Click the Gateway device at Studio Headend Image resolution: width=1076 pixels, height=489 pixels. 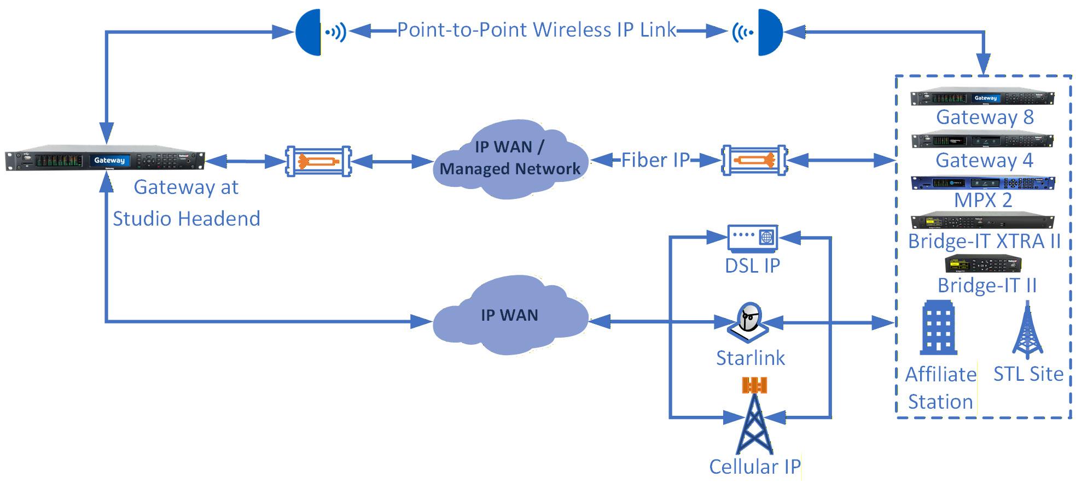tap(105, 160)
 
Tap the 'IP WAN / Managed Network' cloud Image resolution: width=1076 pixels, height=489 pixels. tap(510, 158)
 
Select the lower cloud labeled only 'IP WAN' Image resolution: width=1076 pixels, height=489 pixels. tap(510, 316)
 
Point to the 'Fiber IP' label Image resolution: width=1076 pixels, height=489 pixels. tap(655, 160)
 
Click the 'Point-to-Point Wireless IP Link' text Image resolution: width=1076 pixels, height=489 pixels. tap(536, 30)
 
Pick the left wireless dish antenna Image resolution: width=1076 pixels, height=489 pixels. tap(309, 32)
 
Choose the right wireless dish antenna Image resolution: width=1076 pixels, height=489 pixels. tap(770, 32)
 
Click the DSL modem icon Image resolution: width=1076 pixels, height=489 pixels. tap(753, 237)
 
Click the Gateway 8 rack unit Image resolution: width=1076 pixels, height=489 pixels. tap(982, 98)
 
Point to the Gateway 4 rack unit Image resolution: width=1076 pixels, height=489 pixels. tap(982, 140)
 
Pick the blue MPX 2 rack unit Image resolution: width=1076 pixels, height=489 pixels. tap(982, 182)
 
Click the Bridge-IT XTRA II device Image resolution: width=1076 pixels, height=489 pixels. tap(982, 221)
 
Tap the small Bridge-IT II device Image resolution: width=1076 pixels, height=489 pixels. tap(983, 264)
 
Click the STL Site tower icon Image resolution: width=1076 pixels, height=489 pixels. tap(1027, 331)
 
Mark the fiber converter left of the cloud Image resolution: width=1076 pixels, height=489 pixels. tap(318, 161)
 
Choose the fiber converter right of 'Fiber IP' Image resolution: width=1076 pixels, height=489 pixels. tap(754, 160)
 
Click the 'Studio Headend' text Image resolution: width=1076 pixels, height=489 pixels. tap(187, 219)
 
